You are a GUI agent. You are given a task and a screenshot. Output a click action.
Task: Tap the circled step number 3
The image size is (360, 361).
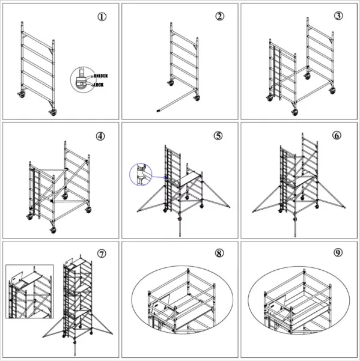pyautogui.click(x=339, y=16)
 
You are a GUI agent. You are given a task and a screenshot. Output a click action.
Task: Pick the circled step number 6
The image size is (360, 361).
pyautogui.click(x=337, y=135)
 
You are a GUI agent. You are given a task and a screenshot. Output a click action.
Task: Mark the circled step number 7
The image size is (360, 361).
pyautogui.click(x=102, y=253)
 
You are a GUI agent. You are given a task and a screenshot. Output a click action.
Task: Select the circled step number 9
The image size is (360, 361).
pyautogui.click(x=337, y=253)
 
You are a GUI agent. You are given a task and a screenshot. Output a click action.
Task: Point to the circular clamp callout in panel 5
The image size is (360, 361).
pyautogui.click(x=141, y=175)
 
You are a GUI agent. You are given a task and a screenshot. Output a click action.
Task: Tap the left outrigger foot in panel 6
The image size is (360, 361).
pyautogui.click(x=253, y=210)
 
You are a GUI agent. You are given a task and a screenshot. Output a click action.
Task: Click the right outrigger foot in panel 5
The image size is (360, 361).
pyautogui.click(x=231, y=208)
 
